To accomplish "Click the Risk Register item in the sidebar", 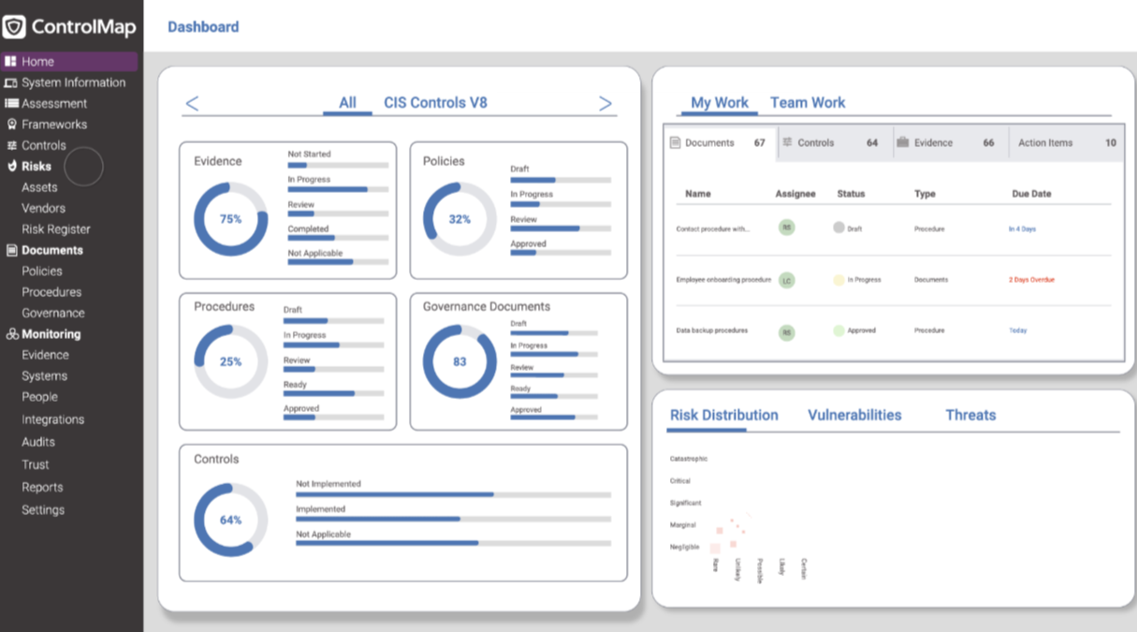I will point(56,229).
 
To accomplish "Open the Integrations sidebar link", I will point(53,419).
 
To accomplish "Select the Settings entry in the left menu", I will point(43,510).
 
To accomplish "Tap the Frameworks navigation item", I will point(54,125).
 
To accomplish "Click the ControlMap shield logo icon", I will point(14,26).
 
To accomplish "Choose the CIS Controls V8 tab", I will point(435,103).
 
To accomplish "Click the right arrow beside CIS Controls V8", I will point(605,104).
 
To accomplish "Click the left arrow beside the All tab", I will point(192,104).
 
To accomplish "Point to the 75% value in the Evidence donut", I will point(230,219).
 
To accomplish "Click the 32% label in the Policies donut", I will point(459,219).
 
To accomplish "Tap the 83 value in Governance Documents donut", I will point(459,361).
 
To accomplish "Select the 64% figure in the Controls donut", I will point(230,520).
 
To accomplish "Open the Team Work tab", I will point(808,103).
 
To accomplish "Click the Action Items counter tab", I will point(1065,143).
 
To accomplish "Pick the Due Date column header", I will point(1031,194).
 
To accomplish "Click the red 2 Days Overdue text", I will point(1031,280).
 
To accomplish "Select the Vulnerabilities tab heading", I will point(854,415).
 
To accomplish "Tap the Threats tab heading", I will point(970,415).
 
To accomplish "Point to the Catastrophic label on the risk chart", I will point(689,459).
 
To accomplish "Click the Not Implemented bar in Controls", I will point(453,494).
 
